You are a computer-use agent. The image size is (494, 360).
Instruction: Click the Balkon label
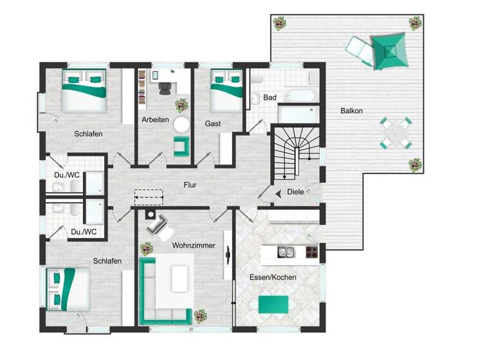point(351,111)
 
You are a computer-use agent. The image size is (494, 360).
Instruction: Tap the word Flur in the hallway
point(189,185)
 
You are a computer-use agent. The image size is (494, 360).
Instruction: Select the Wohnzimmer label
point(193,246)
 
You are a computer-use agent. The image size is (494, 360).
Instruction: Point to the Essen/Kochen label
point(273,277)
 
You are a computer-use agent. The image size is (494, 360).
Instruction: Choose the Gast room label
point(213,123)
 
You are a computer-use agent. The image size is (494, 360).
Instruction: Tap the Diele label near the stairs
point(295,192)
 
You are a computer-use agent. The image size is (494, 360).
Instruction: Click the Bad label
point(270,98)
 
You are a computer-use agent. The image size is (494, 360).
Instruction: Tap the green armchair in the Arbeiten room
point(181,146)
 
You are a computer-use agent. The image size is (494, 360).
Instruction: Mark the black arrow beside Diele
point(277,192)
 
